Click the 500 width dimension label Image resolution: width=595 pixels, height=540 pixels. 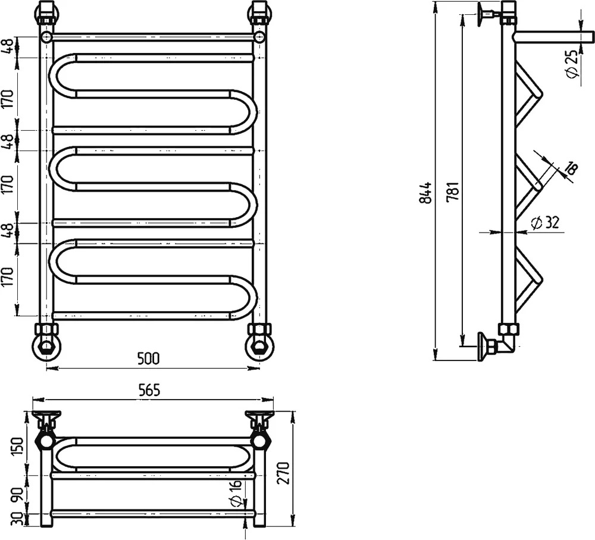(148, 359)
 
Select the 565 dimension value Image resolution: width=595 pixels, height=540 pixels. (149, 390)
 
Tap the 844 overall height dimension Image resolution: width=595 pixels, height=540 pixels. (426, 193)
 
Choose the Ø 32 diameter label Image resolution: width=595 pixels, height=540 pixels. (544, 222)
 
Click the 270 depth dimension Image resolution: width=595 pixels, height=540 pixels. (284, 472)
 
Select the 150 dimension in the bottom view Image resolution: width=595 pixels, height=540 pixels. (18, 447)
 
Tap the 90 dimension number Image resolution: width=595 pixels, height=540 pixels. (18, 494)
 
